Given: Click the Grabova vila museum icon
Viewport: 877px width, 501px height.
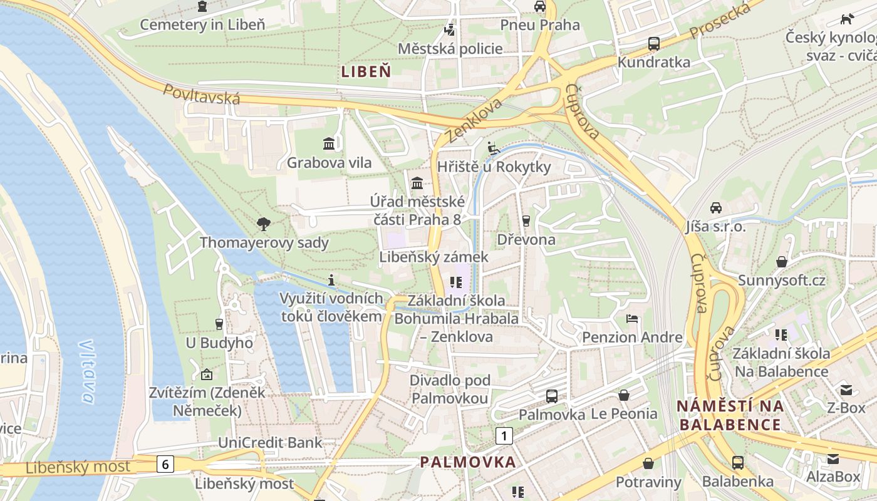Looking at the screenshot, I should coord(329,144).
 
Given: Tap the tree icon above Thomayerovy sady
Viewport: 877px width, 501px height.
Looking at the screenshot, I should coord(264,224).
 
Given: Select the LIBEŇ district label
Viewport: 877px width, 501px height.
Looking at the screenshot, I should coord(366,71).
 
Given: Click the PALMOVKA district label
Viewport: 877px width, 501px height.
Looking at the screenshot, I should coord(468,462).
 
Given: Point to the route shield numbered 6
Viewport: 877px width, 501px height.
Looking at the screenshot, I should coord(165,464).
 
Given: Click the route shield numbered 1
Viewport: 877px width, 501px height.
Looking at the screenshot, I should coord(504,435).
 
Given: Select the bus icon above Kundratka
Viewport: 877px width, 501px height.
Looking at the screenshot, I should coord(653,44).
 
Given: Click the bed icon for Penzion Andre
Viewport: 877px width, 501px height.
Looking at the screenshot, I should coord(632,319).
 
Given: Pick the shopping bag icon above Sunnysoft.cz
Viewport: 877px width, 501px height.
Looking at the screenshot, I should coord(781,261).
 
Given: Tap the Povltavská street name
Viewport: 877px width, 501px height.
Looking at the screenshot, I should coord(202,95).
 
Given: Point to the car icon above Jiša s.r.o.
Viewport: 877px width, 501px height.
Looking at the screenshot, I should coord(715,207).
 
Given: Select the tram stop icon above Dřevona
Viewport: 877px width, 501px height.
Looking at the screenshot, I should coord(526,220).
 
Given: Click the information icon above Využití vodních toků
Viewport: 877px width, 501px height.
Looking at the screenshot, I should coord(331,279).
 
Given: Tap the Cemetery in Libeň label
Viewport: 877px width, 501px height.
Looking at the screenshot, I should coord(202,24).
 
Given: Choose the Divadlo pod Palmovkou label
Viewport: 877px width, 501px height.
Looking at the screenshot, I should coord(450,389).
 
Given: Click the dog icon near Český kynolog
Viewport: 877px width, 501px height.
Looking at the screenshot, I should coord(847,19).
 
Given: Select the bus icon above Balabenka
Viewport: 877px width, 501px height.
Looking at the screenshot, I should coord(738,463).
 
